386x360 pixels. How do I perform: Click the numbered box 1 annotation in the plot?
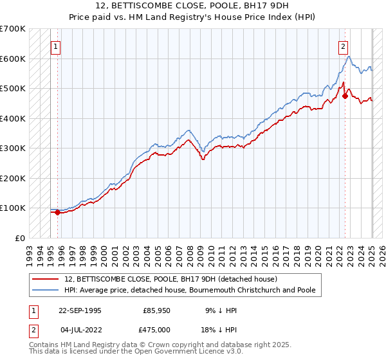56,46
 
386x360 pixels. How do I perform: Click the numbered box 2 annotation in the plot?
344,46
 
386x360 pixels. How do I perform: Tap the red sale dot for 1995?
57,212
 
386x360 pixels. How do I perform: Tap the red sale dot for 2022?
345,96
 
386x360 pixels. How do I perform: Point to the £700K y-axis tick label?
12,29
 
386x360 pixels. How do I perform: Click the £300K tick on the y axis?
12,148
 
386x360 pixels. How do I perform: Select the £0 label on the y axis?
20,238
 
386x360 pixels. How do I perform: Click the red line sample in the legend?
47,279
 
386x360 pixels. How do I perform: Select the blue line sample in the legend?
47,291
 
